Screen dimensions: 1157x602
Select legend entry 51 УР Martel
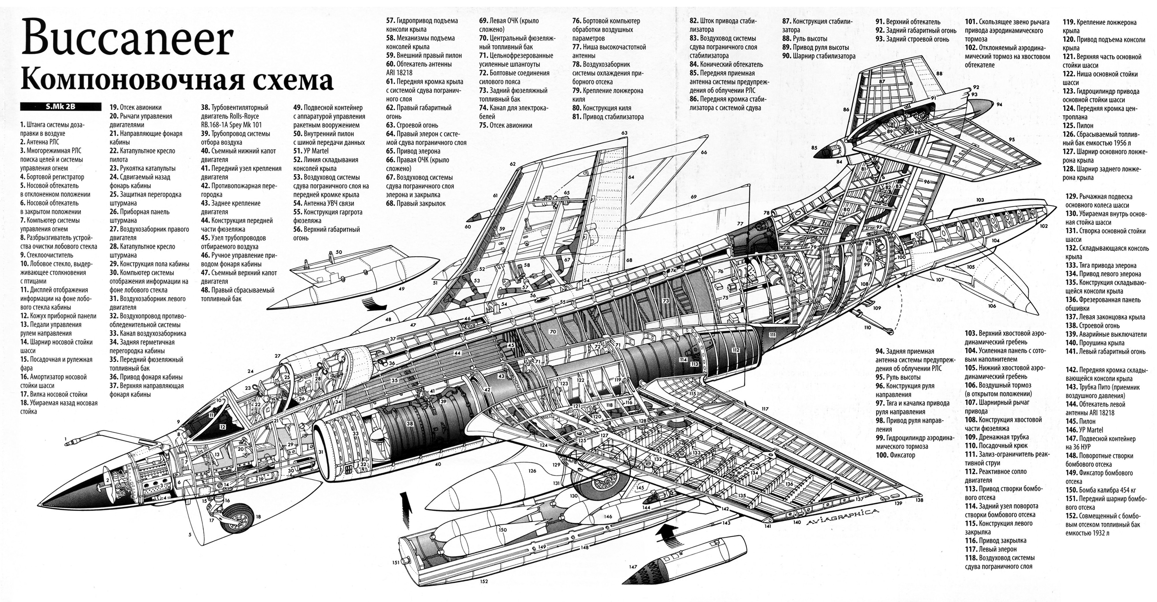[x=311, y=151]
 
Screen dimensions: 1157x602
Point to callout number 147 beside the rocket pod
[x=633, y=567]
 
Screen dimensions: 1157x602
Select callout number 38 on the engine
[x=410, y=424]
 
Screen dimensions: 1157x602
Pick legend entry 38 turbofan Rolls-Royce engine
[x=235, y=116]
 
